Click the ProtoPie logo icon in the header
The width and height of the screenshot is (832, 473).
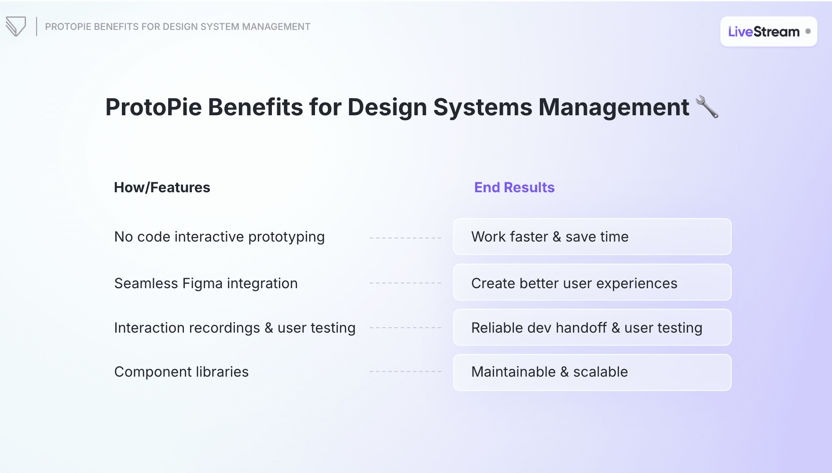16,26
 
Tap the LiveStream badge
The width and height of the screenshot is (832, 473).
768,32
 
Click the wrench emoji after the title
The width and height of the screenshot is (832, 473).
707,107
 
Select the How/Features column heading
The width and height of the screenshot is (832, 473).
162,187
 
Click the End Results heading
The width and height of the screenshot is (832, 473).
514,187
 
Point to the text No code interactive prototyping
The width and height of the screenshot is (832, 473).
219,237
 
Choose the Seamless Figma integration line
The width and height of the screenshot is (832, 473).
205,283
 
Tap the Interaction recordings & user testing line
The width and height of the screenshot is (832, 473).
235,328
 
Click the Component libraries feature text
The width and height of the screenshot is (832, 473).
181,372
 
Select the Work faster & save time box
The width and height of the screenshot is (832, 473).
592,237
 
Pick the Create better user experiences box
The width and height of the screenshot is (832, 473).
592,282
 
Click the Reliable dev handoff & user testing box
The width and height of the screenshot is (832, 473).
592,327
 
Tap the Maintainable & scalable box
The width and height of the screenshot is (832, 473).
592,372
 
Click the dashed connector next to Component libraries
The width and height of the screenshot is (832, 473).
405,372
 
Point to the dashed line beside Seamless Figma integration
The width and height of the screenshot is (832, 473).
405,283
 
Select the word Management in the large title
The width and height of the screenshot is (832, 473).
613,107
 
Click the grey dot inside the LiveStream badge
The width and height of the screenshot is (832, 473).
808,31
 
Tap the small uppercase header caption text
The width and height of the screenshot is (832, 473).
177,27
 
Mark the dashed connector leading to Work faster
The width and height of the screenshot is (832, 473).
405,238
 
